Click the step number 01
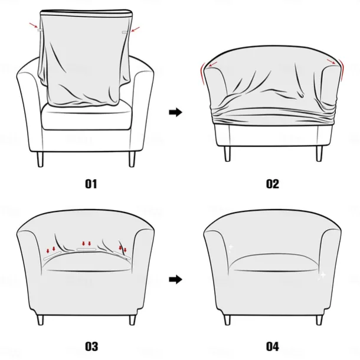point(90,184)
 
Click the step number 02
point(272,184)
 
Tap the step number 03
point(90,346)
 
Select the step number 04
point(272,346)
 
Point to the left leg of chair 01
point(40,159)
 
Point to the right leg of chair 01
point(131,159)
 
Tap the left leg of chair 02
point(227,153)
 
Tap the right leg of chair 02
point(319,153)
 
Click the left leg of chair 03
point(40,319)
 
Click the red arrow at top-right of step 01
point(136,28)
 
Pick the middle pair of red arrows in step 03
point(87,243)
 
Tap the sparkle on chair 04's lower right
point(322,275)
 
